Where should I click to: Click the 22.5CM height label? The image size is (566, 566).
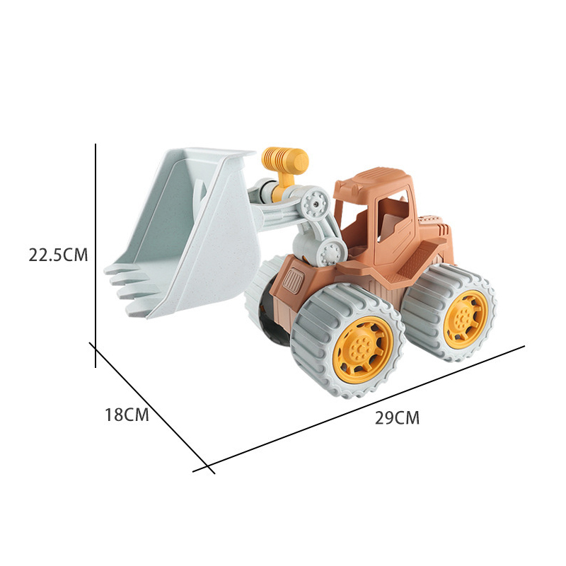click(58, 255)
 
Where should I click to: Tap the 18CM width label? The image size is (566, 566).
click(127, 415)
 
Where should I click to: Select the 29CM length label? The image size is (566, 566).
click(397, 417)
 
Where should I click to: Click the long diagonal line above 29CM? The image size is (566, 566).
click(368, 406)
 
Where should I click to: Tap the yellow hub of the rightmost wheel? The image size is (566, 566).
click(466, 314)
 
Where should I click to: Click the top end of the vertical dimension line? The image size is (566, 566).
click(96, 144)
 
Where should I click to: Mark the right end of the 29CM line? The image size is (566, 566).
click(524, 346)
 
